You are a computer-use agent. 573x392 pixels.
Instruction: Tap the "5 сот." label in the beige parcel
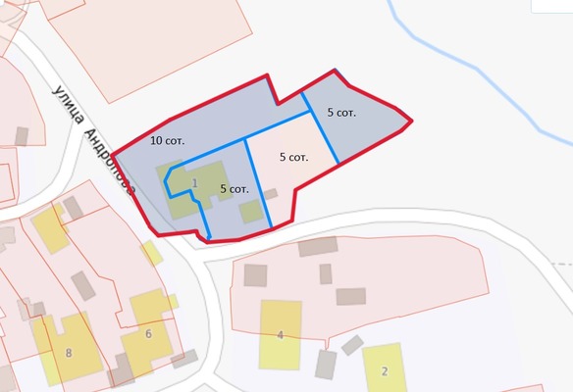(x=294, y=157)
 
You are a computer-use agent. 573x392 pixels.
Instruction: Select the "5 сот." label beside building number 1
(x=234, y=188)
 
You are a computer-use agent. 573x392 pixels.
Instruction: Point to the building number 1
(x=194, y=183)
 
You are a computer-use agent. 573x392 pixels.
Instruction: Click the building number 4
(x=280, y=336)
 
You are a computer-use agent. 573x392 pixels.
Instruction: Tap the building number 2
(x=385, y=370)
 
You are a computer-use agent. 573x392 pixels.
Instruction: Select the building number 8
(x=68, y=353)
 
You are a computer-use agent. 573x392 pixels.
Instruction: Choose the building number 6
(x=148, y=334)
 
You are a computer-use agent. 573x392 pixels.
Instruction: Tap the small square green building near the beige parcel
(x=251, y=212)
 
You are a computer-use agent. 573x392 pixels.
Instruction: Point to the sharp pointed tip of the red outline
(x=411, y=122)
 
